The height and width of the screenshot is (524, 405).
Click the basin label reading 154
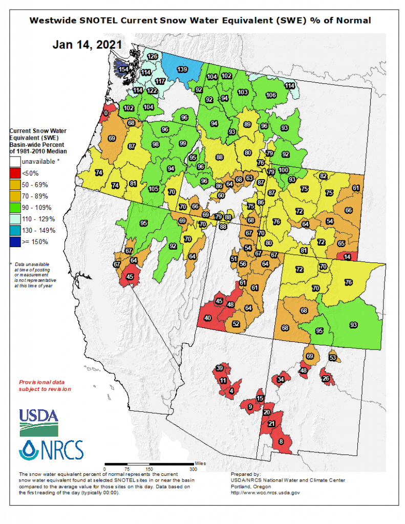click(x=123, y=69)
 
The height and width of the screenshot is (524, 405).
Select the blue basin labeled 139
click(x=181, y=69)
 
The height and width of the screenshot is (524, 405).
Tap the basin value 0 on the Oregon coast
click(x=106, y=113)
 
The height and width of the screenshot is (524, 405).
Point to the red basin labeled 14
click(x=347, y=257)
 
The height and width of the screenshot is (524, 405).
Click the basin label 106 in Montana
click(x=271, y=95)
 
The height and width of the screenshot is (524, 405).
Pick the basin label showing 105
click(x=153, y=189)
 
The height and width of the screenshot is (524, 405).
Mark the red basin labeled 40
click(x=207, y=318)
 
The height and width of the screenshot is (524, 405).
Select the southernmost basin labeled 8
click(x=281, y=441)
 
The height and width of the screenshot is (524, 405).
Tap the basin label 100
click(x=283, y=170)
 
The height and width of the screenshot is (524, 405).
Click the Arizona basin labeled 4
click(x=231, y=391)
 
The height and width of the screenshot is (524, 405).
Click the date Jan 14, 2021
click(x=87, y=45)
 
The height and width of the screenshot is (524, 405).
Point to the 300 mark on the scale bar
click(x=193, y=469)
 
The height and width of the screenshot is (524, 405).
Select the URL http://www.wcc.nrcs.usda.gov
click(x=265, y=492)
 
